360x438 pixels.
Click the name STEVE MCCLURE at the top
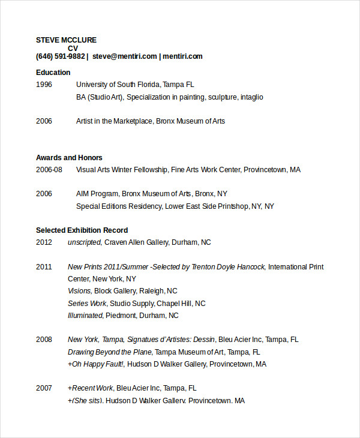point(66,40)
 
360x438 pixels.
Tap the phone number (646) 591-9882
point(60,56)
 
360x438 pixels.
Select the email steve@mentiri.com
point(125,56)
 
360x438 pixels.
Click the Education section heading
point(53,73)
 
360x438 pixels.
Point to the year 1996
point(44,85)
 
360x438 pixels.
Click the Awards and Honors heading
point(69,158)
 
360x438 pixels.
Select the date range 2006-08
point(49,170)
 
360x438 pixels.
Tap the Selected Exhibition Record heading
point(82,230)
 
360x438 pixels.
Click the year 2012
point(44,242)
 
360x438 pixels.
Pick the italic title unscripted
point(85,242)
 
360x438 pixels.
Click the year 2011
point(44,267)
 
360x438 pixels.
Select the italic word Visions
point(80,291)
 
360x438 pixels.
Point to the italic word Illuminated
point(85,316)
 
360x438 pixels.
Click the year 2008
point(44,340)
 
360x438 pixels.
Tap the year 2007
point(44,388)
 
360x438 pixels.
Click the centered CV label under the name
point(73,49)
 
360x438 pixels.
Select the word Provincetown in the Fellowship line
point(265,170)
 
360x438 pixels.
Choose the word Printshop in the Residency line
point(233,206)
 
